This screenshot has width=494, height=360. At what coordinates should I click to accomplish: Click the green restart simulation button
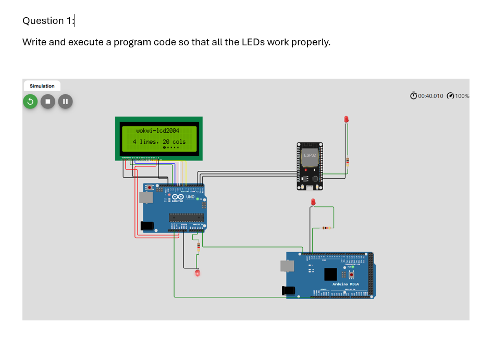(x=30, y=101)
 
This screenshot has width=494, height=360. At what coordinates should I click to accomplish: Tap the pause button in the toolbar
(x=65, y=101)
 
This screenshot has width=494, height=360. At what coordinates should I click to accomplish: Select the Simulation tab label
(x=42, y=86)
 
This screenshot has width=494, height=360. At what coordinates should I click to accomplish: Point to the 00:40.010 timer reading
(x=430, y=96)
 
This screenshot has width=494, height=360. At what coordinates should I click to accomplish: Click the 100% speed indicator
(x=462, y=96)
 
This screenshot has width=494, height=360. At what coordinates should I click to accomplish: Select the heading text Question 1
(x=48, y=21)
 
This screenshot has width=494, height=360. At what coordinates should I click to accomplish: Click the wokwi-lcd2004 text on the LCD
(x=157, y=131)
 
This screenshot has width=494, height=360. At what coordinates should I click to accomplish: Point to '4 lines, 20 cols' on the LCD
(x=159, y=141)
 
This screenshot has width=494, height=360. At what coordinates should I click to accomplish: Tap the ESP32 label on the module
(x=310, y=155)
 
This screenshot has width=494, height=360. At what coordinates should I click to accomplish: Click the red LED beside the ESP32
(x=346, y=119)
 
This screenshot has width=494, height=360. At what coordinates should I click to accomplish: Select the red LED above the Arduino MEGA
(x=313, y=202)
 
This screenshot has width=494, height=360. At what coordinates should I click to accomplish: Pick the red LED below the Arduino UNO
(x=197, y=272)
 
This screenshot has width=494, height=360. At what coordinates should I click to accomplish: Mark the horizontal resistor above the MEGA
(x=325, y=228)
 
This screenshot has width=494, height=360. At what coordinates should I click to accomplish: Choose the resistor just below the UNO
(x=198, y=247)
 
